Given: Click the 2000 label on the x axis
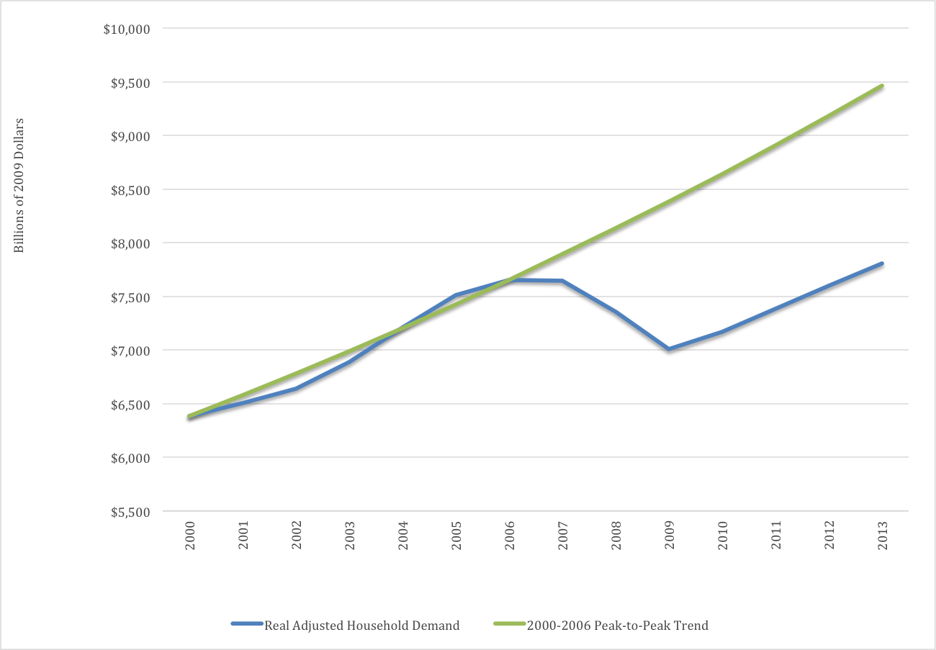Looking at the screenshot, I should tap(190, 534).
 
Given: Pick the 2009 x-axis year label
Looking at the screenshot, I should tap(670, 534).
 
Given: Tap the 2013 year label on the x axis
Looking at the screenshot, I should tap(883, 534).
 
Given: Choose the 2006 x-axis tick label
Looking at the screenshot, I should tap(510, 534).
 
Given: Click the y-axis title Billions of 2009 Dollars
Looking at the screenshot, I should tap(19, 185).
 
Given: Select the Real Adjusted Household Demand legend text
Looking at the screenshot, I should tap(361, 626).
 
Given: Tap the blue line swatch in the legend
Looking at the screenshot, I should tap(246, 625).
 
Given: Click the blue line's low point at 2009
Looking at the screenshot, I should tap(670, 349).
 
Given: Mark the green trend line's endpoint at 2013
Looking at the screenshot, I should tap(882, 86).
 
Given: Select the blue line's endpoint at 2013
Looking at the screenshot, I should tap(882, 263).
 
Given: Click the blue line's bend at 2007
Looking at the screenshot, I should tap(562, 281).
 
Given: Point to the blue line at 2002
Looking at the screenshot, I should tap(296, 389).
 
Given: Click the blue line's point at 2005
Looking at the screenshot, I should tap(456, 295).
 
